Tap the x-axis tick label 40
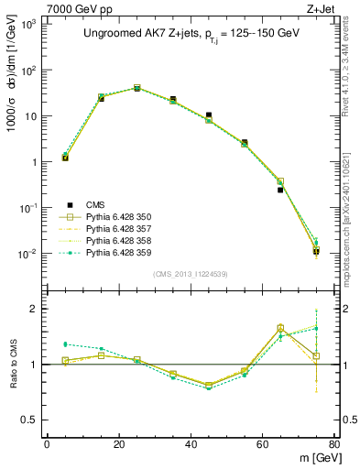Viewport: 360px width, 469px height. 190,445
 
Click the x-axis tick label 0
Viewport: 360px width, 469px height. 47,445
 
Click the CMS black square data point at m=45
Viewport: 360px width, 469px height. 209,115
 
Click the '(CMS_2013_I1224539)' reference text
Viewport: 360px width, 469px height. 191,273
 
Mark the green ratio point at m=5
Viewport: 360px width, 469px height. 65,344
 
